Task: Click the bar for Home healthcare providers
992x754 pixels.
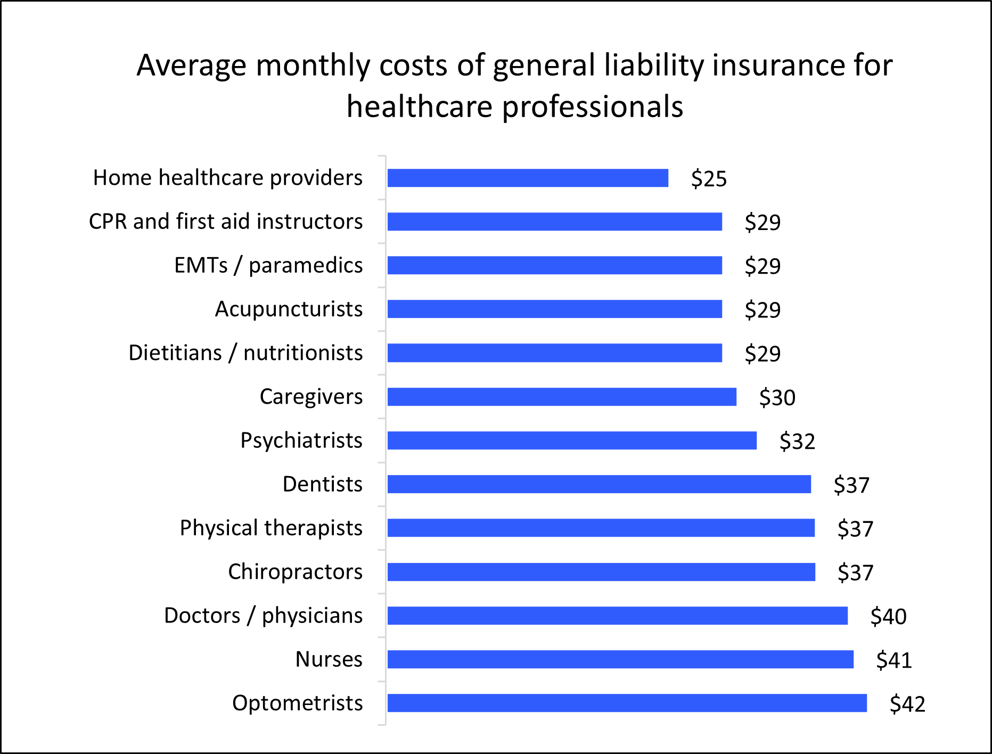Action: point(527,178)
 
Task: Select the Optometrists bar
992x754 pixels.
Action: point(627,703)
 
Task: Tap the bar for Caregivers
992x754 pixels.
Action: point(562,397)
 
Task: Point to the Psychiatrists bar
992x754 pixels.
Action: point(572,440)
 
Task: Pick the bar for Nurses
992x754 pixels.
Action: point(620,659)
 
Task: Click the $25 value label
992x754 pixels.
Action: point(709,178)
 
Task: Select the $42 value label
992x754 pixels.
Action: point(907,704)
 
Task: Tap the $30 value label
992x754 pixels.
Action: point(777,398)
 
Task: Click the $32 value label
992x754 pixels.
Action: point(797,441)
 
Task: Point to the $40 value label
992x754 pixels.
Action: point(888,617)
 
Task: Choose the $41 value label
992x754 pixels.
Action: point(894,660)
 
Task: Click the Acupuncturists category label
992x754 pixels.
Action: point(289,309)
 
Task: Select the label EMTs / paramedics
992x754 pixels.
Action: point(268,265)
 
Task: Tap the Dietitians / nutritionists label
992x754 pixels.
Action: point(245,353)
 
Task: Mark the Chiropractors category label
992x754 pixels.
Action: point(295,572)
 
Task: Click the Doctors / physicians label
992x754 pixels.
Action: point(263,616)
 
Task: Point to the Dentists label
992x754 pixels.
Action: point(322,485)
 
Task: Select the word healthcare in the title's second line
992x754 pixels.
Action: point(420,107)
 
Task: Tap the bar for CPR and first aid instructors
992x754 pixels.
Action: point(554,222)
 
